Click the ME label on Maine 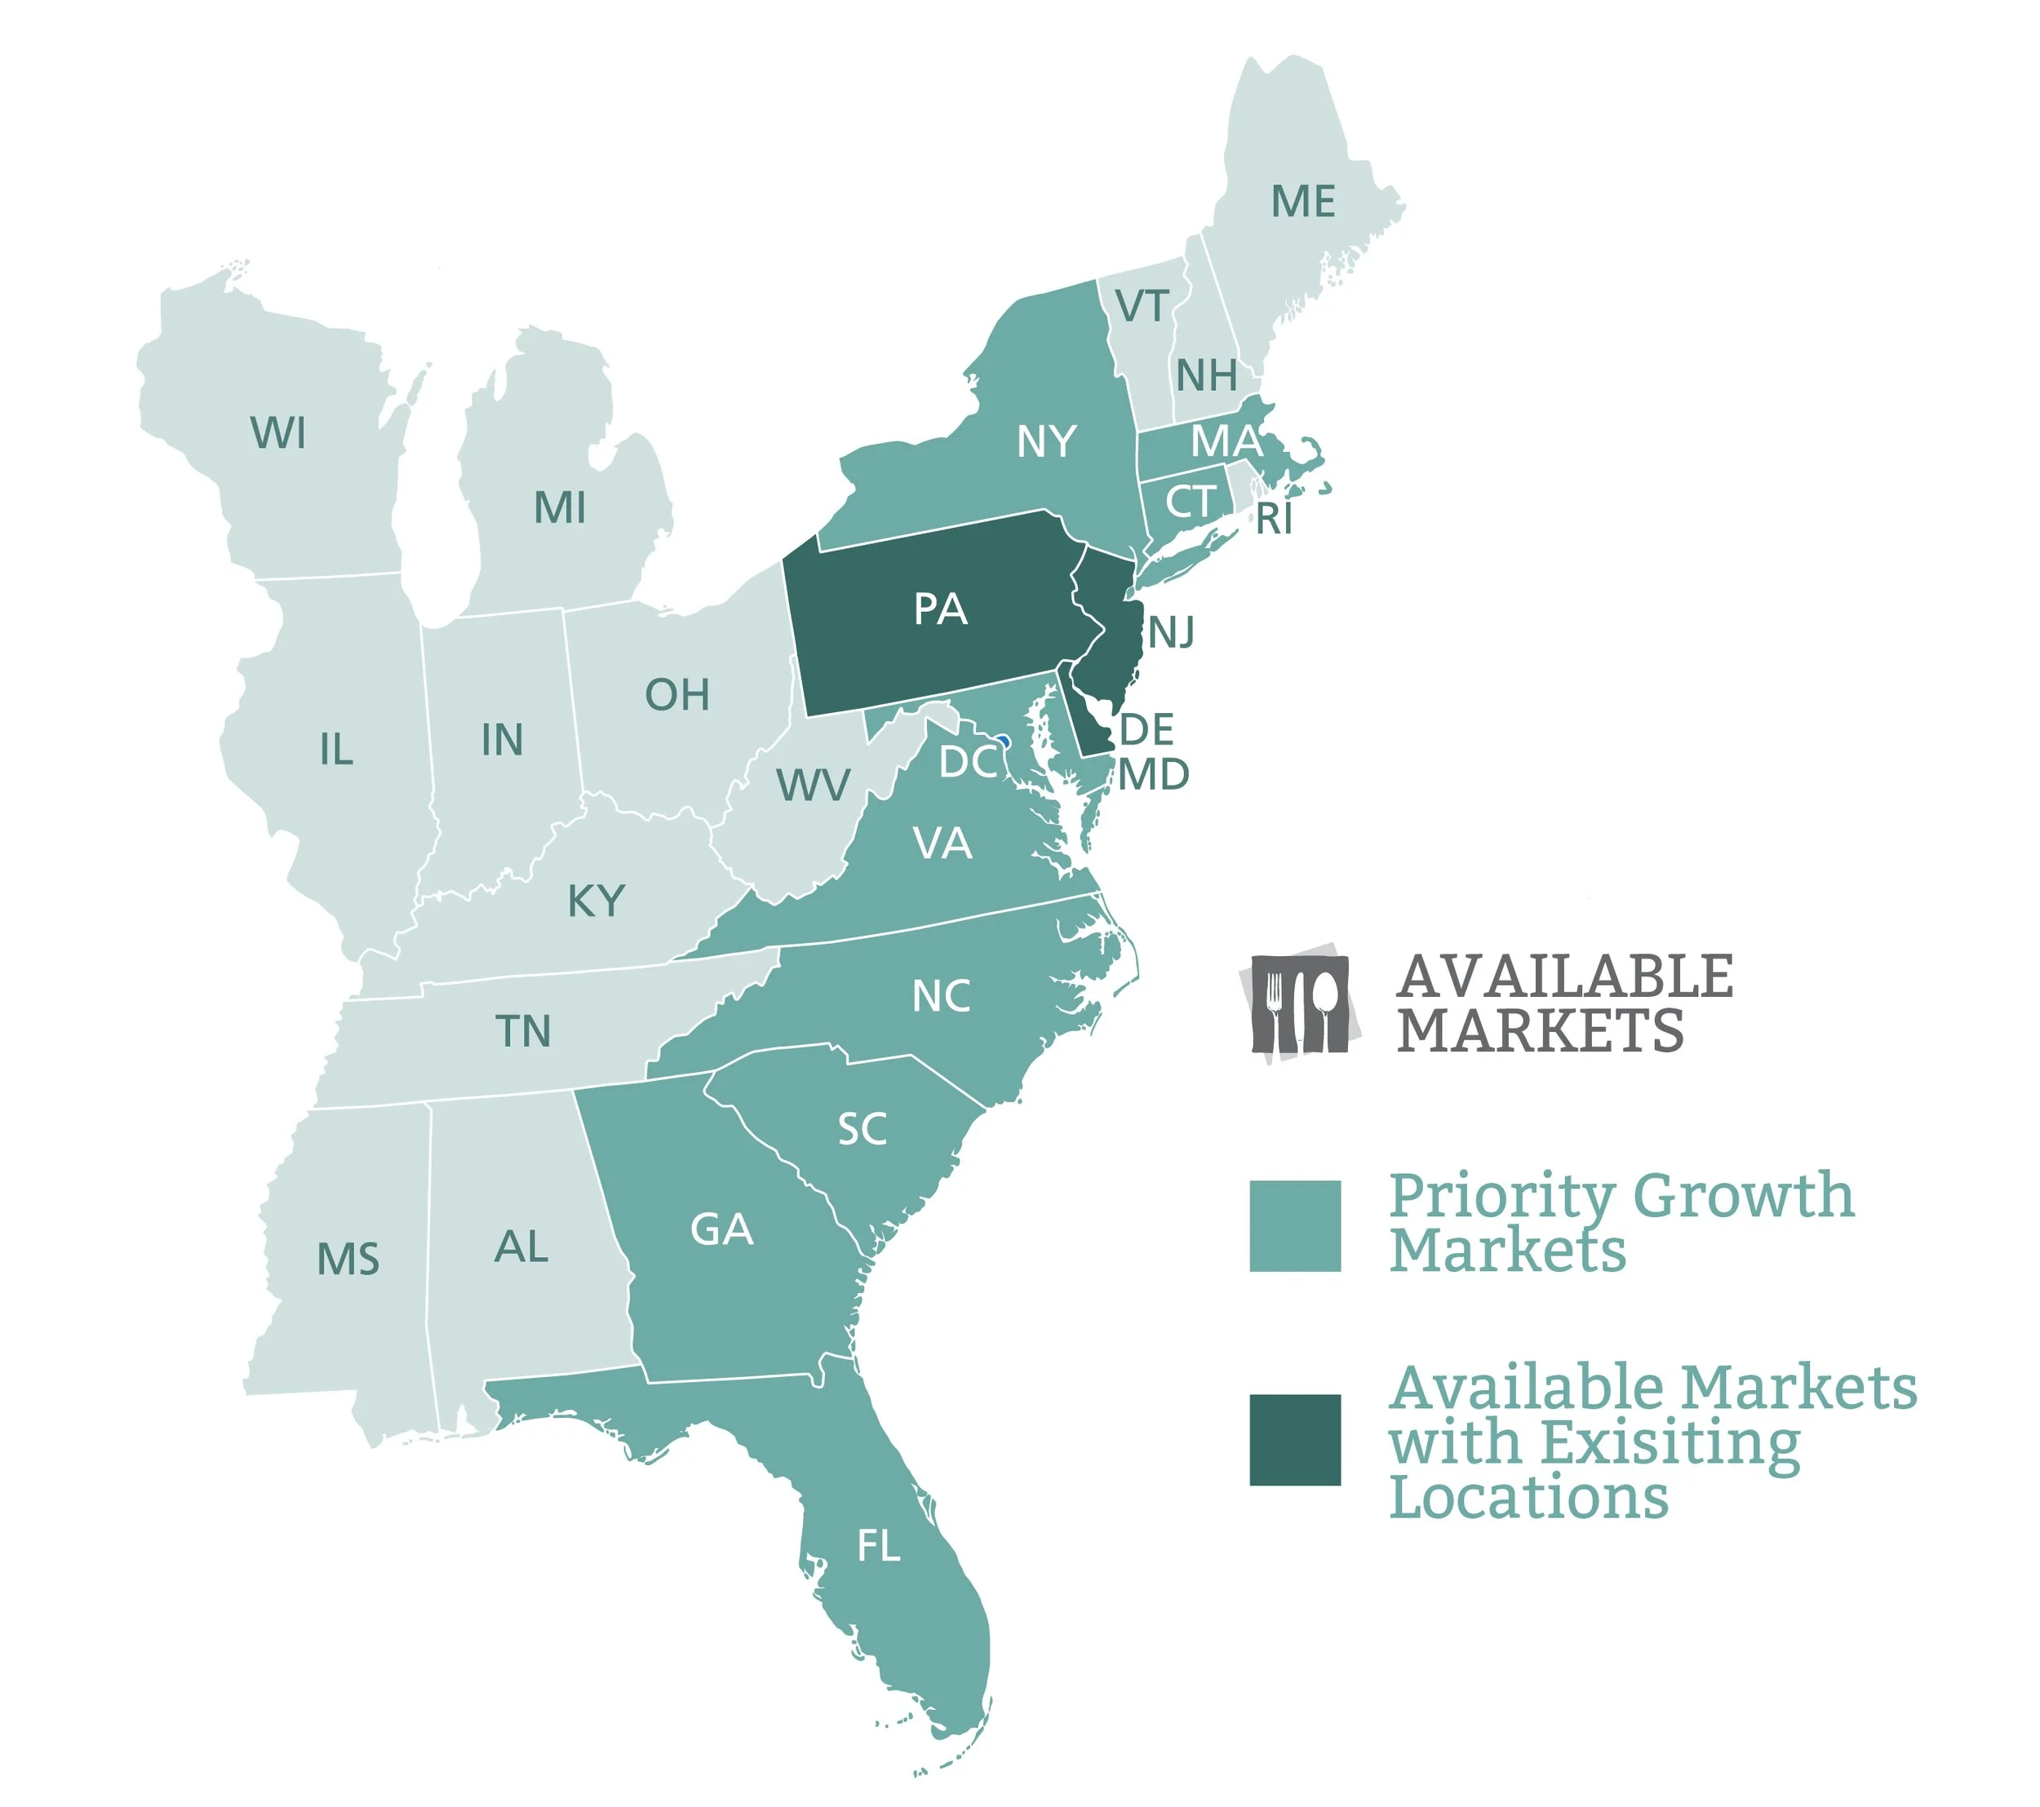click(x=1302, y=202)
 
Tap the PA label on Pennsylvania click(x=940, y=609)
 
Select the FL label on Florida click(x=878, y=1546)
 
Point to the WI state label click(x=278, y=433)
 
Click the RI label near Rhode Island click(x=1275, y=519)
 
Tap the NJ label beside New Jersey click(x=1172, y=632)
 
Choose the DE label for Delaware click(x=1146, y=729)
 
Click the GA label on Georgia click(x=721, y=1229)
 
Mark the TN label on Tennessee click(x=523, y=1030)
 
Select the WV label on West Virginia click(x=814, y=786)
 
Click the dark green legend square click(x=1294, y=1439)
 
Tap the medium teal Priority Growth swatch click(x=1294, y=1225)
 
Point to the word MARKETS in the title click(x=1540, y=1030)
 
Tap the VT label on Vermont click(x=1142, y=306)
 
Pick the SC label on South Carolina click(x=863, y=1130)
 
